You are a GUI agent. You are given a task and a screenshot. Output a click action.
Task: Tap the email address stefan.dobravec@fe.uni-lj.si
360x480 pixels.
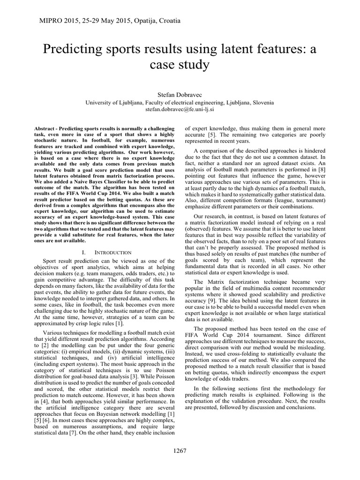[180, 111]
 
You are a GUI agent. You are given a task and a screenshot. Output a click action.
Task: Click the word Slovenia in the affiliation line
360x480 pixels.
[261, 103]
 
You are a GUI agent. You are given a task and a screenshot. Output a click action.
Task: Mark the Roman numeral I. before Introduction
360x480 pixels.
[82, 252]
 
